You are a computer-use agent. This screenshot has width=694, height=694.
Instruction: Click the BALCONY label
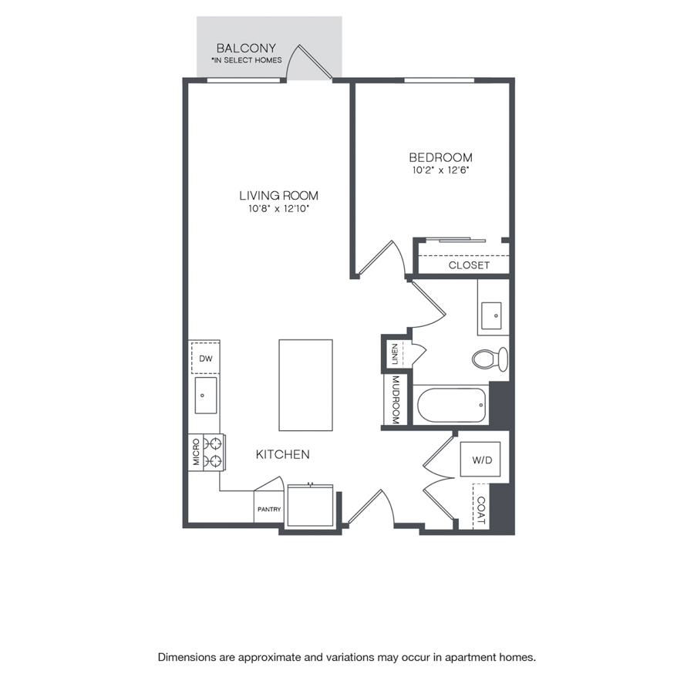(x=246, y=48)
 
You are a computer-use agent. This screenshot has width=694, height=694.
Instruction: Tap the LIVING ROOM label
(x=279, y=195)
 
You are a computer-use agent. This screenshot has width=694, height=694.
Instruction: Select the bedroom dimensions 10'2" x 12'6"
(x=440, y=170)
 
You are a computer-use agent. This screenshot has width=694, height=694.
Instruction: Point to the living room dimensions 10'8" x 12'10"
(x=278, y=208)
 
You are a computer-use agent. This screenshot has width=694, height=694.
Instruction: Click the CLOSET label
(x=469, y=265)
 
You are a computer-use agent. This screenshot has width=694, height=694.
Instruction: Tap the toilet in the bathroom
(x=490, y=359)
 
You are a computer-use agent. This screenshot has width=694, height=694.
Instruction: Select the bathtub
(x=451, y=405)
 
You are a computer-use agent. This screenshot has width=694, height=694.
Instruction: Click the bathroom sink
(x=491, y=315)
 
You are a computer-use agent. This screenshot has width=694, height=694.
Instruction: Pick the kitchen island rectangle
(x=305, y=385)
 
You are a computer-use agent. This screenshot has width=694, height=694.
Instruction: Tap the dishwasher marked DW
(x=205, y=358)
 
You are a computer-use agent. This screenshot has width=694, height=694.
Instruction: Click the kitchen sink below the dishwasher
(x=206, y=396)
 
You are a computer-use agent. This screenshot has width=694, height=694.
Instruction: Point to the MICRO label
(x=196, y=452)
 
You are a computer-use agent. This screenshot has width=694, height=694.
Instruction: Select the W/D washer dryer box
(x=480, y=459)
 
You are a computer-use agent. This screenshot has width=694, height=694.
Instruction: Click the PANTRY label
(x=269, y=510)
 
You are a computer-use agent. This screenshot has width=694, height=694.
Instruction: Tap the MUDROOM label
(x=396, y=399)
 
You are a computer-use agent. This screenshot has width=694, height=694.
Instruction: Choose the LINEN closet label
(x=395, y=354)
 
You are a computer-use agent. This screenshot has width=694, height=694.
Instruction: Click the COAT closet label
(x=480, y=510)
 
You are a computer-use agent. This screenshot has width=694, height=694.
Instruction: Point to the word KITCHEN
(x=283, y=454)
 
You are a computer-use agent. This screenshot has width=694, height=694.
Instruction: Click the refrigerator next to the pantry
(x=310, y=505)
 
